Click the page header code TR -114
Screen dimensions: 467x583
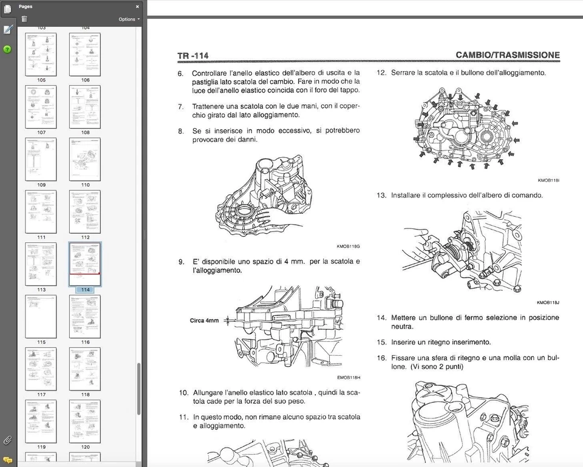click(193, 56)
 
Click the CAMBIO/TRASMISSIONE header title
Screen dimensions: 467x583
click(507, 55)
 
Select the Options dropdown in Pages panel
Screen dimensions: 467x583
click(129, 19)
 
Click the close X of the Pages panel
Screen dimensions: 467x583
click(137, 7)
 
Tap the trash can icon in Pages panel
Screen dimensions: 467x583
click(24, 19)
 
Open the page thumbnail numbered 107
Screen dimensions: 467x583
click(41, 106)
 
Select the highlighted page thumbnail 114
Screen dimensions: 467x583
click(85, 264)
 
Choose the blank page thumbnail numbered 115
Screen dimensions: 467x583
click(41, 316)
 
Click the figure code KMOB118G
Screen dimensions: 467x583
click(348, 247)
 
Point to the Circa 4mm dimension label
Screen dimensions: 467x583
click(204, 320)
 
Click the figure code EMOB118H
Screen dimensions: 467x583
click(348, 378)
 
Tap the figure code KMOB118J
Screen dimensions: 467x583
click(548, 302)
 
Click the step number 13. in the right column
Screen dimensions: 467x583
click(381, 196)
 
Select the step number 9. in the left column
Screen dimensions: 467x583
click(181, 262)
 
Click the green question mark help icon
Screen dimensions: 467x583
click(7, 49)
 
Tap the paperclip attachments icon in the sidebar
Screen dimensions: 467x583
click(7, 440)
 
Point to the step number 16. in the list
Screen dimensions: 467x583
click(381, 358)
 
